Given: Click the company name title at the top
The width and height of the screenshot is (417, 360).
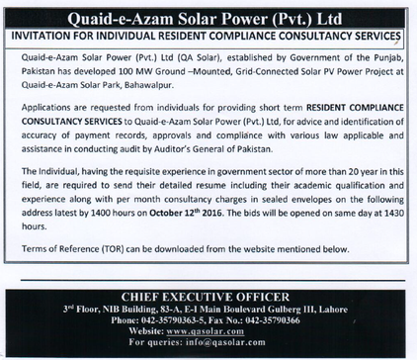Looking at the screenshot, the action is click(208, 18).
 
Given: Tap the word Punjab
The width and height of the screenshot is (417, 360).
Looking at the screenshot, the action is click(378, 62).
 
